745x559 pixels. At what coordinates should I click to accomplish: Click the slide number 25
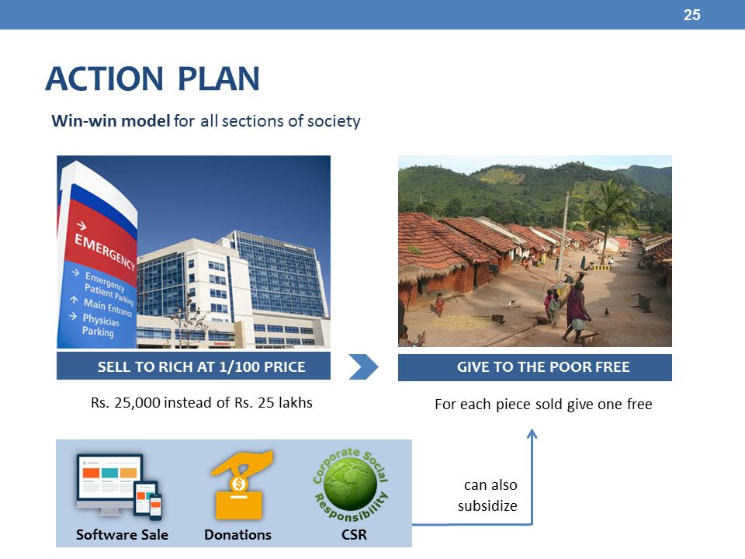coord(691,15)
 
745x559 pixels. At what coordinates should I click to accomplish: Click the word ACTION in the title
coord(105,78)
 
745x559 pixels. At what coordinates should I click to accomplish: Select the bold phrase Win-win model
coord(111,121)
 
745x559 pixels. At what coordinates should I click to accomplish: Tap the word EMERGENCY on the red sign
coord(105,252)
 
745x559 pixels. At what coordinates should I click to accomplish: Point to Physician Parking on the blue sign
coord(100,325)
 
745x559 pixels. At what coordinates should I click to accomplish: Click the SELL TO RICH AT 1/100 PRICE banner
coord(193,366)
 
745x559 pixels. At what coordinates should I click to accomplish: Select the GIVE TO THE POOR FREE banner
coord(535,367)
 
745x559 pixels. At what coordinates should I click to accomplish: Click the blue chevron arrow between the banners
coord(363,366)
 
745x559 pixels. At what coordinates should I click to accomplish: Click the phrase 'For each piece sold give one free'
coord(543,404)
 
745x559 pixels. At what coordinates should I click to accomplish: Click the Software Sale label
coord(122,535)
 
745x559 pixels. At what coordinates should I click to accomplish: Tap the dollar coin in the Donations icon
coord(238,484)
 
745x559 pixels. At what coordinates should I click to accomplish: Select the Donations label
coord(237,535)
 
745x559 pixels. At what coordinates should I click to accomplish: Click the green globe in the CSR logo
coord(351,484)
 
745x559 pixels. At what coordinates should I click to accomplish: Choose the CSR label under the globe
coord(354,535)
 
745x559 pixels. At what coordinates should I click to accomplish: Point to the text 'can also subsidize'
coord(487,495)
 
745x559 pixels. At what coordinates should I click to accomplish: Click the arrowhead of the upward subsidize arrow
coord(532,432)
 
